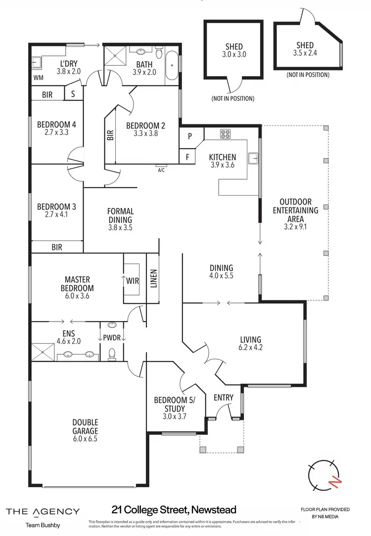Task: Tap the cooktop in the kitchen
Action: (x=226, y=134)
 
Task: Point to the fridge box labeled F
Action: (x=187, y=158)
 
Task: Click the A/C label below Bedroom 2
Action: (x=161, y=169)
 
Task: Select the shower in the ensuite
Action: (x=43, y=352)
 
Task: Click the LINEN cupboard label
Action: (x=153, y=278)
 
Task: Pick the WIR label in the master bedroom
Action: (x=132, y=281)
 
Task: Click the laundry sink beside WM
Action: (x=36, y=63)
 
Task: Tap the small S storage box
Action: (x=73, y=93)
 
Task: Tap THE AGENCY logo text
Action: (x=42, y=511)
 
